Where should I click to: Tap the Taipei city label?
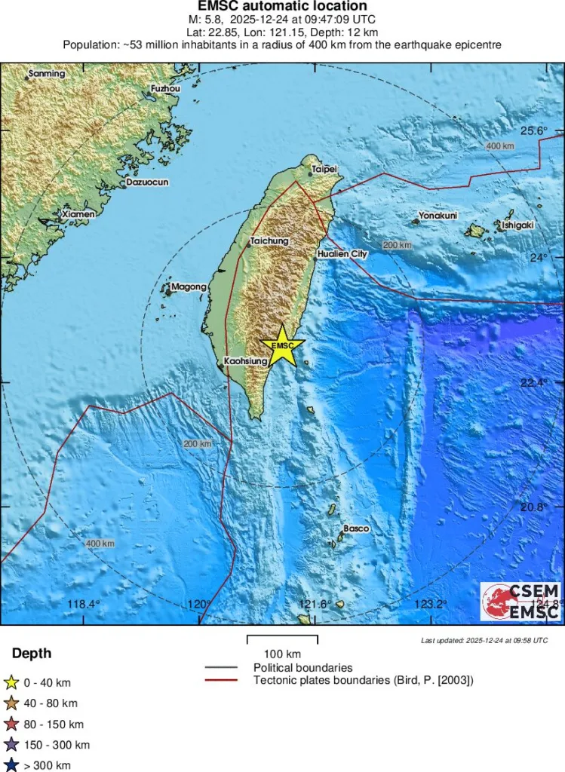[324, 169]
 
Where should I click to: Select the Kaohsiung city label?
[246, 362]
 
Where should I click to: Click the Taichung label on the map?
[269, 241]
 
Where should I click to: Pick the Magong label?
[189, 286]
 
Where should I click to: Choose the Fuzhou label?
[166, 88]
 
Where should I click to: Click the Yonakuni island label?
[438, 216]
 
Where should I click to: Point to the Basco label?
[356, 528]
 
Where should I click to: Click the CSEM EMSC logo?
[520, 602]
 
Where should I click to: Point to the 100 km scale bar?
[283, 640]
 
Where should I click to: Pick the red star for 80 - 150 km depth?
[11, 725]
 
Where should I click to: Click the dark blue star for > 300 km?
[11, 765]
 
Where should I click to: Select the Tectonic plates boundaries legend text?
[364, 680]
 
